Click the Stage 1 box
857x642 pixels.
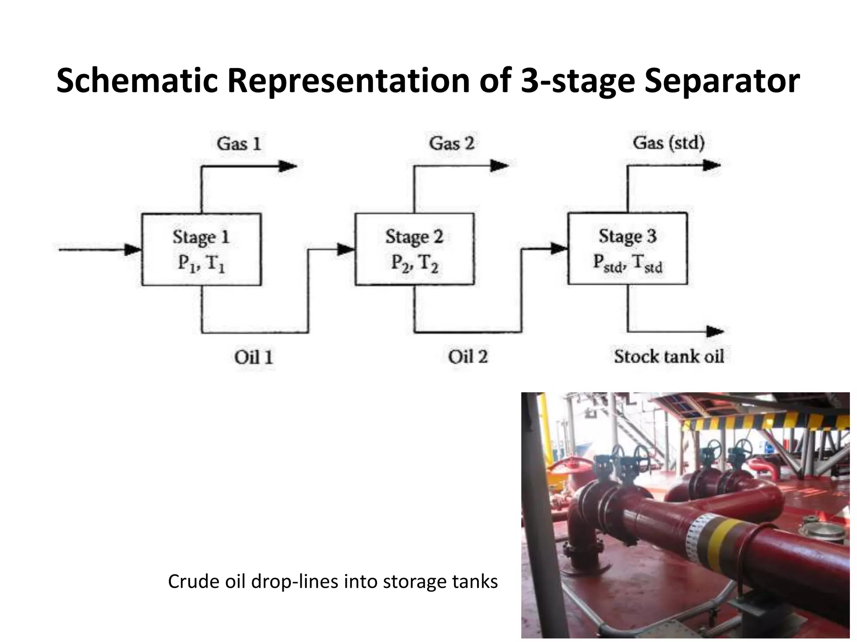click(x=201, y=250)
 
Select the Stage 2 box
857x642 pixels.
click(x=414, y=249)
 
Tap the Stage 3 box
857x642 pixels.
click(x=627, y=248)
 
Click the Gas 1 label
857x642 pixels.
click(x=239, y=144)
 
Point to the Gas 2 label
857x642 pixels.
click(x=452, y=143)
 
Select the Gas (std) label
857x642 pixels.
click(x=669, y=143)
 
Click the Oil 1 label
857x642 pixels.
click(x=254, y=357)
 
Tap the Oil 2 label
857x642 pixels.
click(x=468, y=357)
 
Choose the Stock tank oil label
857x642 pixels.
click(x=669, y=357)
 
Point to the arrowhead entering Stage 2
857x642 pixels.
click(x=346, y=250)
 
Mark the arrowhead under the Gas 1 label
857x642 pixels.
click(x=288, y=166)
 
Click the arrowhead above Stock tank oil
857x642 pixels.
click(x=715, y=331)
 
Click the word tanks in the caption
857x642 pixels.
click(x=475, y=581)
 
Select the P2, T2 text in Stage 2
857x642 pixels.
click(x=414, y=263)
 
